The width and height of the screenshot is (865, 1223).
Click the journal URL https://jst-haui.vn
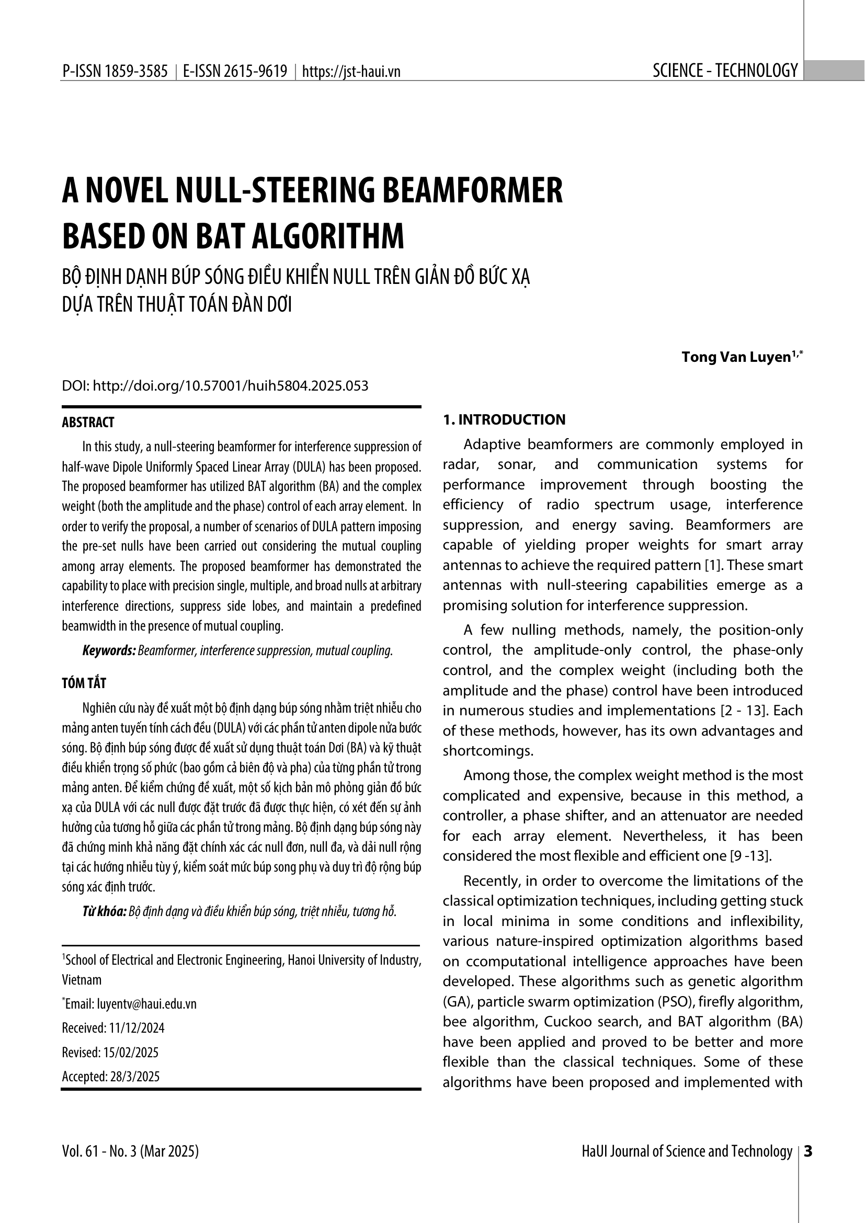pos(351,72)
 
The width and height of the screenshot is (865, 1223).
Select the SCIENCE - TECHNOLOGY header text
pos(725,70)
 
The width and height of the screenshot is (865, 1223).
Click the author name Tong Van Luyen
pos(736,358)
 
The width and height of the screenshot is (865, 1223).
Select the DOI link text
pos(230,386)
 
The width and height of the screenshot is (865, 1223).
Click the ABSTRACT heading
pos(88,422)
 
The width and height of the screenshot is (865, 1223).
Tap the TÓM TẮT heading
pos(84,683)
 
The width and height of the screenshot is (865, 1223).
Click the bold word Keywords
pos(109,650)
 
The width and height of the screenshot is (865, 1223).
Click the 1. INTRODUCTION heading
pos(504,420)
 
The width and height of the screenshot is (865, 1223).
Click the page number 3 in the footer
pos(807,1151)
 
